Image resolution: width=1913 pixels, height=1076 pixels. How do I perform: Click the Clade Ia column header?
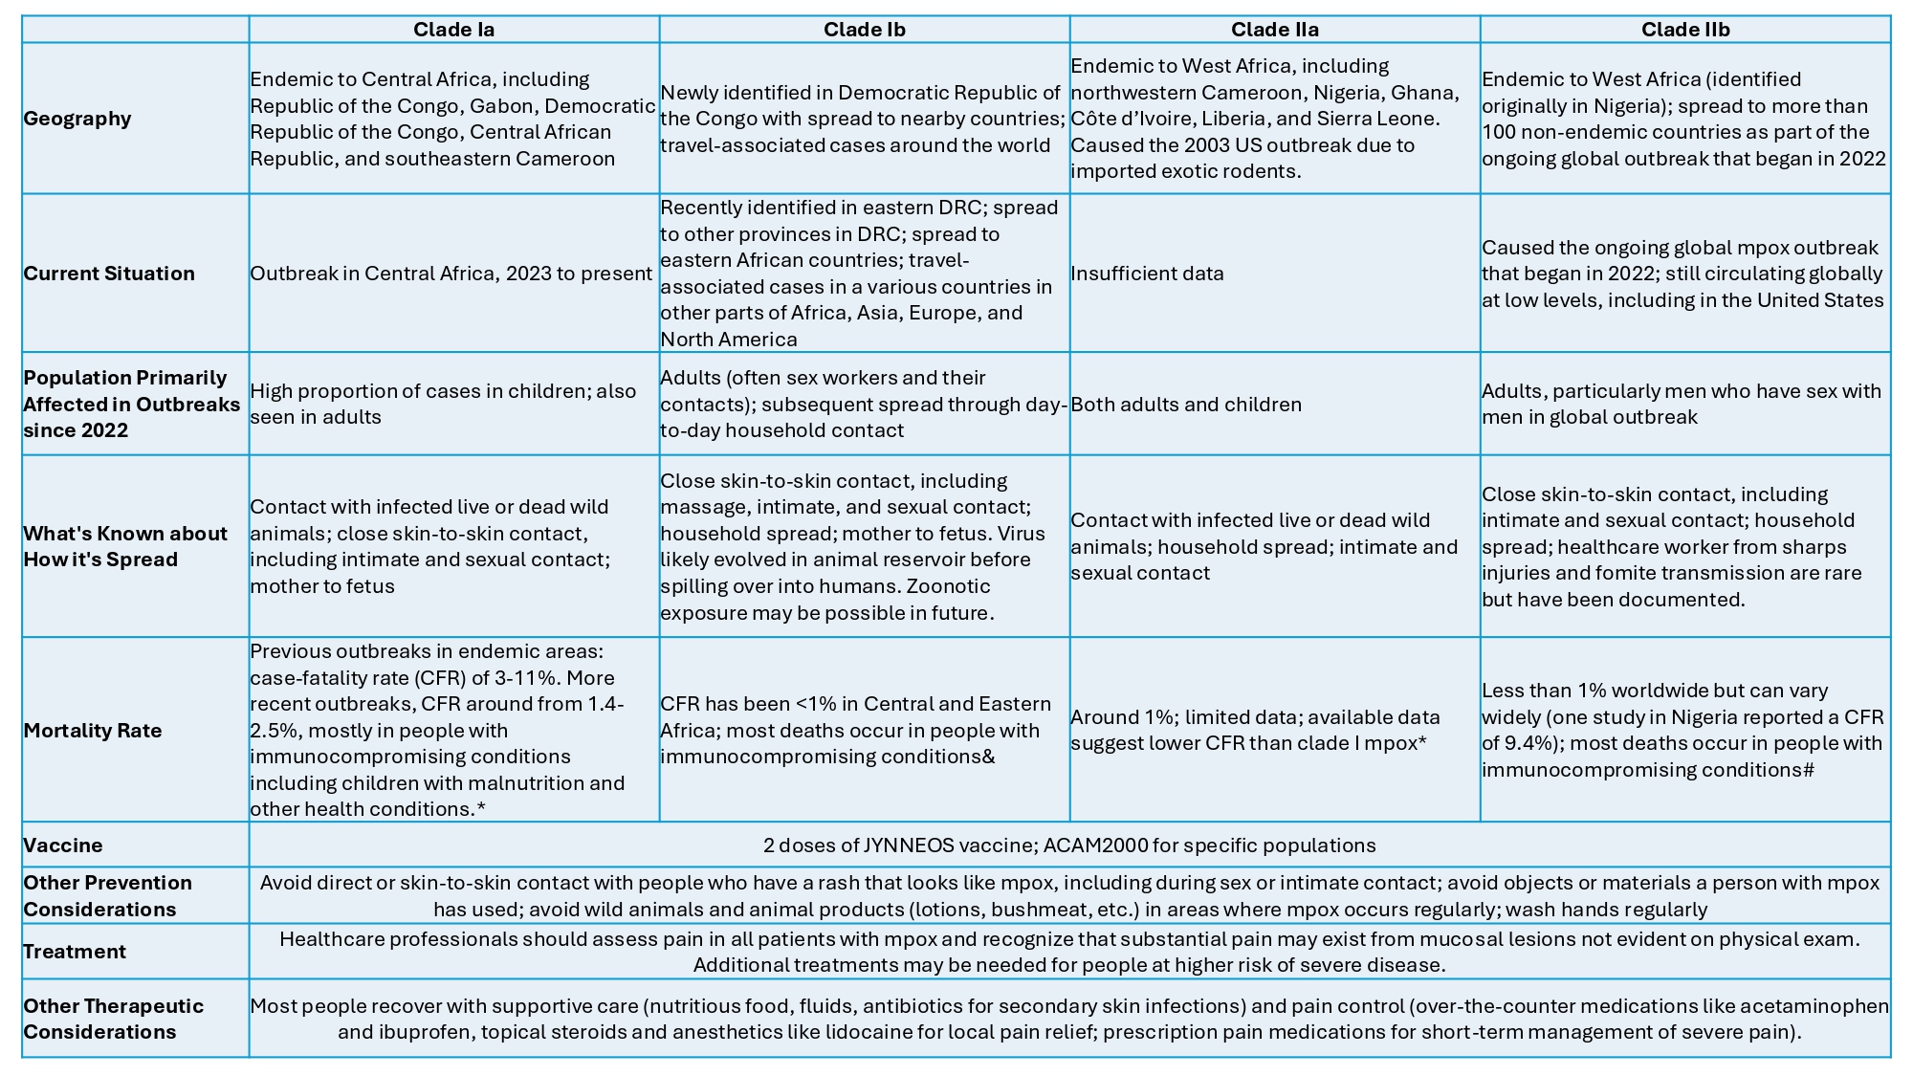453,30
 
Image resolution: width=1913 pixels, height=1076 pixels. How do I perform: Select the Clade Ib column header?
864,30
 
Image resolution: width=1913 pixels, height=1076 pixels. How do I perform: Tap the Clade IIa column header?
1274,30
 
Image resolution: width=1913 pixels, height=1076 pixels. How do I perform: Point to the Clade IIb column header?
1685,30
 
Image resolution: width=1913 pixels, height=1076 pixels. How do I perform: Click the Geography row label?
77,119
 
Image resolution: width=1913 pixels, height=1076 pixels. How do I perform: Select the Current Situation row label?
109,274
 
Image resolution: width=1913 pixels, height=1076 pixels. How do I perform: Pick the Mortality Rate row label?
93,731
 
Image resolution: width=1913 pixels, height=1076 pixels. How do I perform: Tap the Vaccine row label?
63,845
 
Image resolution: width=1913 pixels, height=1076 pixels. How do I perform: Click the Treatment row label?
75,952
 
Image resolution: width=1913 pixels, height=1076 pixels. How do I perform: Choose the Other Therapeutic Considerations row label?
113,1019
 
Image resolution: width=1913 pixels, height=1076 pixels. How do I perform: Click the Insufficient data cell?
1147,274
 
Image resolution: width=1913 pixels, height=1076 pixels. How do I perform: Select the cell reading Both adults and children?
1186,405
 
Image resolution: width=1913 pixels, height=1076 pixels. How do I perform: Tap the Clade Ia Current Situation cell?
451,274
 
